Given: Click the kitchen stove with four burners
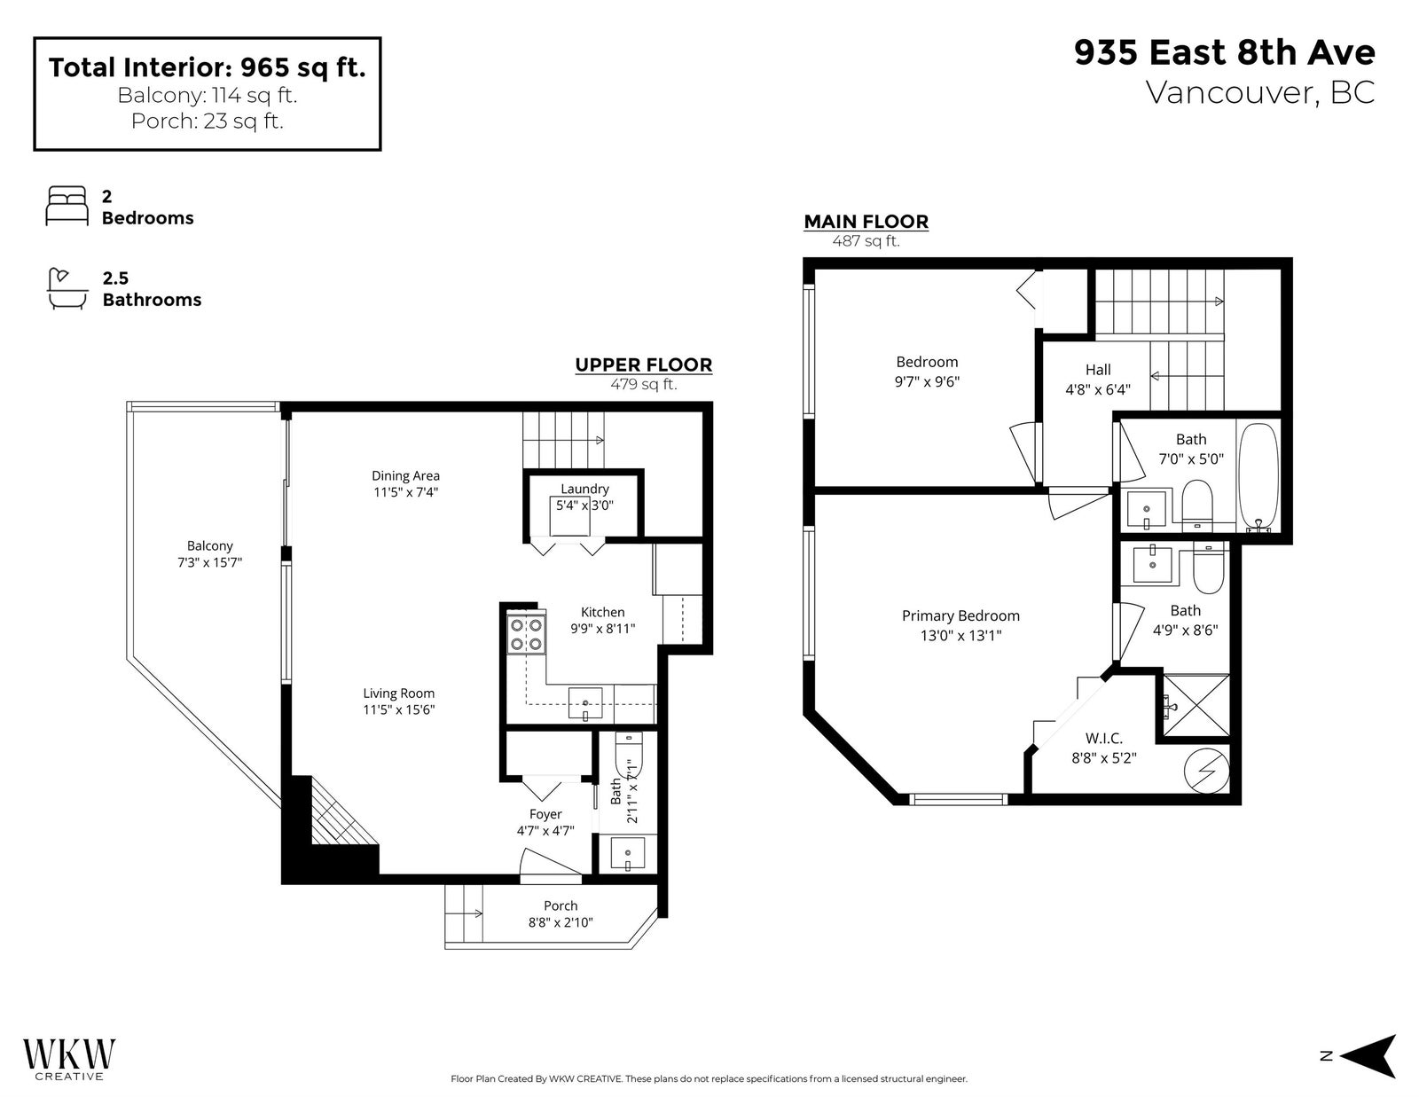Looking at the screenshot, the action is coord(526,633).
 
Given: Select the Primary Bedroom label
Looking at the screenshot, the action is coord(960,615).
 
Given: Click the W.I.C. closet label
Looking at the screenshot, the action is coord(1104,739).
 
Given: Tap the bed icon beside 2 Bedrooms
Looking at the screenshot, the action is coord(67,206).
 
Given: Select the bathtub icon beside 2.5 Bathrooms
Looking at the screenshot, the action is coord(67,288).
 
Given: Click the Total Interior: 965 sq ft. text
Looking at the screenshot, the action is coord(207,67).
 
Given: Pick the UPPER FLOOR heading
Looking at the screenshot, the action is coord(644,365).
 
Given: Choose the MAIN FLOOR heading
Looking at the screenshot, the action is coord(866,222).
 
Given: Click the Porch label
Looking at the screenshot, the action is coord(561,905).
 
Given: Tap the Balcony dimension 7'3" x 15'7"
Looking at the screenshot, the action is coord(209,562).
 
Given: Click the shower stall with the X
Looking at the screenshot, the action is coord(1196,706).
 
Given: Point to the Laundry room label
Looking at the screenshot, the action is coord(584,489).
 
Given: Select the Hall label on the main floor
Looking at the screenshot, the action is coord(1098,370).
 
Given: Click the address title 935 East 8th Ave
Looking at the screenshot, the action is coord(1225,52).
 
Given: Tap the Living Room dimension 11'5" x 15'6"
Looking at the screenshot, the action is coord(399,709).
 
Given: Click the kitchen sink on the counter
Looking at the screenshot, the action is coord(585,703).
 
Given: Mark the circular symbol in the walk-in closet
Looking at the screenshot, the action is coord(1207,772).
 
